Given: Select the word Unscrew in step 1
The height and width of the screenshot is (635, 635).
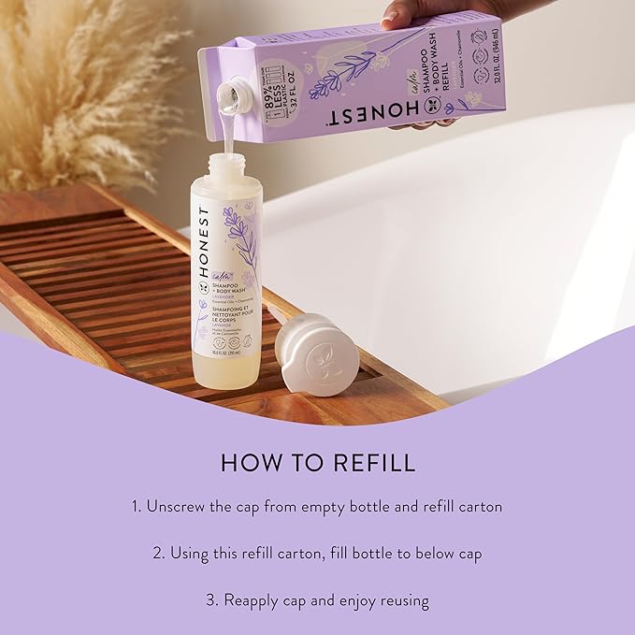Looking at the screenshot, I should pyautogui.click(x=179, y=507).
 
